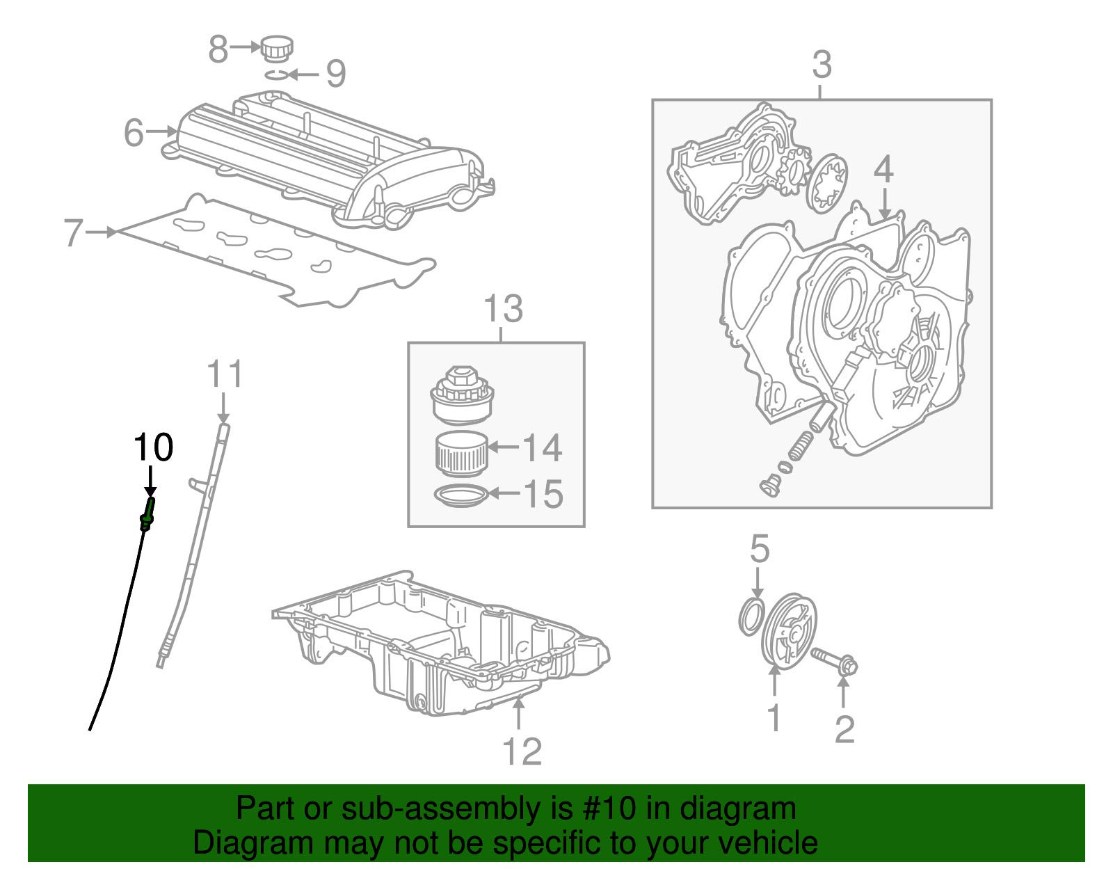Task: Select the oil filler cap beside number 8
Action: coord(276,49)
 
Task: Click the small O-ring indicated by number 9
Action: coord(275,74)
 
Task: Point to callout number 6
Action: coord(134,132)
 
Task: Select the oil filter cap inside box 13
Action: coord(461,397)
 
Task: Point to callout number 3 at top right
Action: coord(822,65)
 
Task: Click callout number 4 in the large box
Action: coord(883,170)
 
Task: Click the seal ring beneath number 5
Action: coord(751,616)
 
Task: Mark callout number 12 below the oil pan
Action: coord(521,751)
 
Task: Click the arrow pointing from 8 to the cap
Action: coord(246,47)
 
